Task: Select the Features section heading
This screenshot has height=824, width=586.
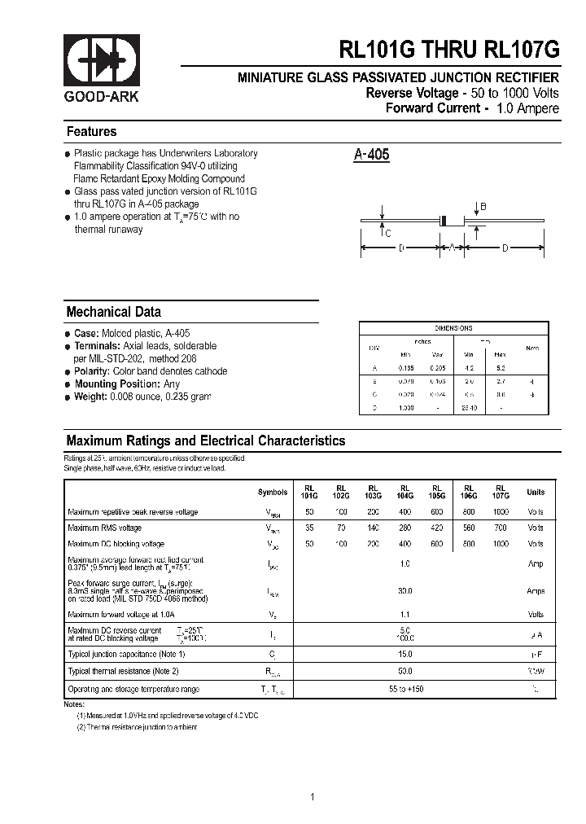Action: (91, 132)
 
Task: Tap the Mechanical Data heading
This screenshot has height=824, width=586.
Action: (113, 312)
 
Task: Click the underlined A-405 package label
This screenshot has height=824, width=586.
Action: (371, 155)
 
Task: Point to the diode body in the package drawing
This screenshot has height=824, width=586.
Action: (444, 220)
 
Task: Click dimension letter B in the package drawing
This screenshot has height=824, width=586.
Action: (483, 208)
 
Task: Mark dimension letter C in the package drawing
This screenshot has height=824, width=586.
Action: (387, 234)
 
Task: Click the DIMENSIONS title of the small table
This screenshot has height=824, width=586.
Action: (453, 328)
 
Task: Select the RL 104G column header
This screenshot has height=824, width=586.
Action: (405, 492)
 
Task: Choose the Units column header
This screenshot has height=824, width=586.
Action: (535, 492)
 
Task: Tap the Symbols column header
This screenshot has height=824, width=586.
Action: (272, 493)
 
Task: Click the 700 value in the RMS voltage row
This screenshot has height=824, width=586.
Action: (501, 528)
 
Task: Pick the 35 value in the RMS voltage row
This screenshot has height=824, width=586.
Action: (308, 528)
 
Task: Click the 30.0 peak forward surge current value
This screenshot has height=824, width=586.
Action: (405, 591)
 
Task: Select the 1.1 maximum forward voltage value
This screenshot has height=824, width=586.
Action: (405, 615)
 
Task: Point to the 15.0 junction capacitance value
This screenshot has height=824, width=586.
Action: (405, 654)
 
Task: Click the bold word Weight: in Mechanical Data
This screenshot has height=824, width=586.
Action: (91, 397)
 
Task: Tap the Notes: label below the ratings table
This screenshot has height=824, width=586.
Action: (74, 703)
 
